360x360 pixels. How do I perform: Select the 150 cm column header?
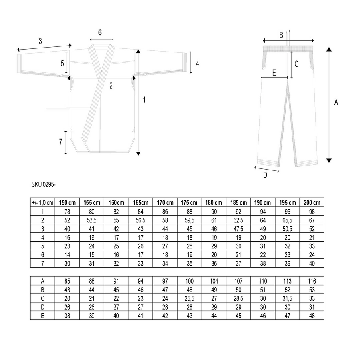(67, 202)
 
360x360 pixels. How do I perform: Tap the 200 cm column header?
(312, 202)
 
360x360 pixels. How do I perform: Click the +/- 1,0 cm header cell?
(42, 202)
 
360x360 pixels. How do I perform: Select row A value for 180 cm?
(214, 281)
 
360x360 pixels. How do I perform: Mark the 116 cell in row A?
(312, 281)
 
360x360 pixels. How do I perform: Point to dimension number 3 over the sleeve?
(40, 41)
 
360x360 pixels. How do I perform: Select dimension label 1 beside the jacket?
(144, 100)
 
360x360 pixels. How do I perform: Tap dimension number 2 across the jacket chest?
(111, 85)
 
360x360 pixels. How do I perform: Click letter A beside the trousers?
(336, 102)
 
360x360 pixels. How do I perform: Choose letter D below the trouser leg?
(265, 175)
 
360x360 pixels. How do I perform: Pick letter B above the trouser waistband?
(281, 35)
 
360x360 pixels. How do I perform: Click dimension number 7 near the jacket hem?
(60, 142)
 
